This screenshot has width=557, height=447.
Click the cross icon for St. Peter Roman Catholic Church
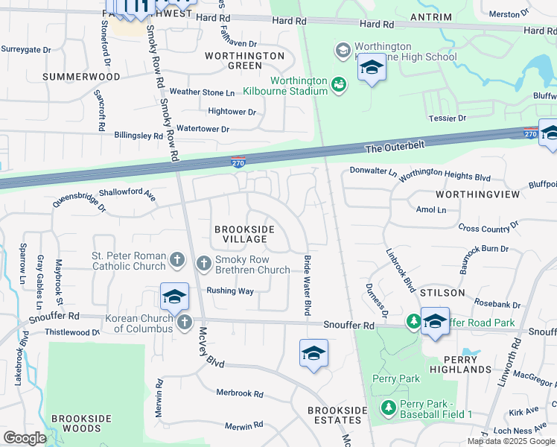click(x=177, y=260)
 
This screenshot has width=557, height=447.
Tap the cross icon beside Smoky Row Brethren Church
click(x=204, y=263)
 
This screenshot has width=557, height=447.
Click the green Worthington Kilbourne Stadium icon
click(x=339, y=85)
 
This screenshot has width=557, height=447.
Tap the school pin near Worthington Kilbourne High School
click(x=371, y=69)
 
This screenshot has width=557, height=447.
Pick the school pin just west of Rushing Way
click(x=174, y=297)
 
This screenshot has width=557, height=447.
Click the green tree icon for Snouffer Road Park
click(x=412, y=321)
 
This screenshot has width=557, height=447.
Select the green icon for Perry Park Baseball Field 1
click(x=387, y=408)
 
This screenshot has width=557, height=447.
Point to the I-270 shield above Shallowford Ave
click(x=238, y=162)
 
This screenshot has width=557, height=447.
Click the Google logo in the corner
click(x=25, y=437)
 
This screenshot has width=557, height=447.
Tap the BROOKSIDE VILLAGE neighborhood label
click(x=241, y=234)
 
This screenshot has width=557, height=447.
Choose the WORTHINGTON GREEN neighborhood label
click(x=244, y=60)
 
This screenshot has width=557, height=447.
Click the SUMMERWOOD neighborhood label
click(x=81, y=77)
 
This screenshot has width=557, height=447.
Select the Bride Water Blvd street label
click(x=306, y=286)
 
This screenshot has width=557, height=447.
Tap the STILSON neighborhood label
click(x=444, y=293)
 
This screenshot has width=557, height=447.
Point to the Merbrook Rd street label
click(x=240, y=393)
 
